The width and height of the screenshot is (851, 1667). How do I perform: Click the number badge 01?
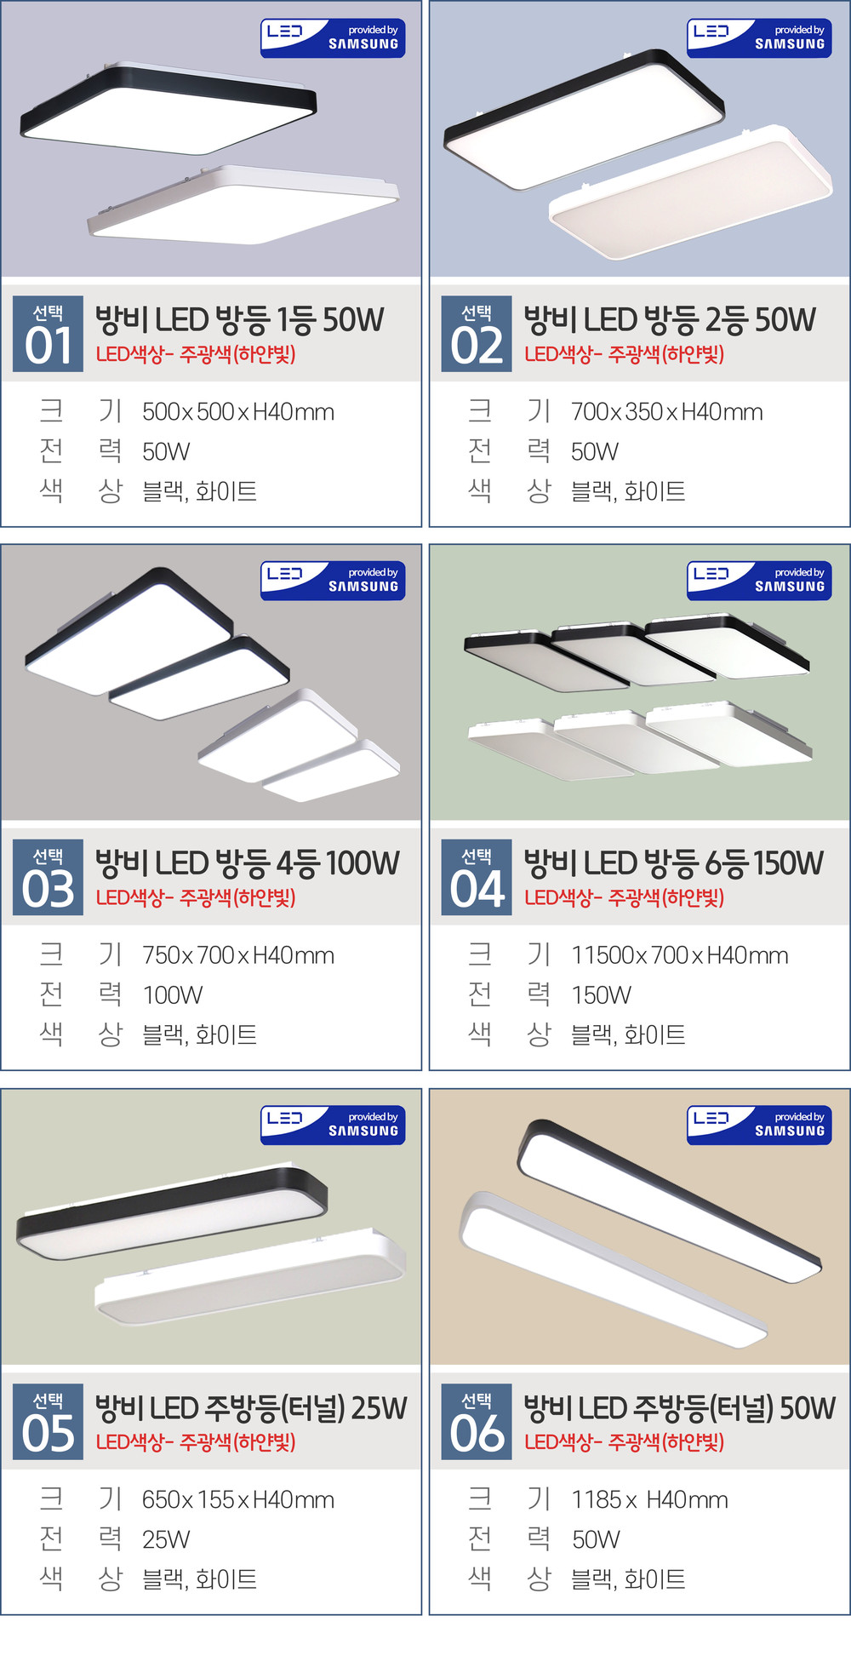point(49,334)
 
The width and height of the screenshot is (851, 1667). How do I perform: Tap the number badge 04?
point(477,878)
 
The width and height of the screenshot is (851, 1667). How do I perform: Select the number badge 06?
point(477,1422)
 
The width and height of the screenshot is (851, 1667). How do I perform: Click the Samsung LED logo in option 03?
point(333,581)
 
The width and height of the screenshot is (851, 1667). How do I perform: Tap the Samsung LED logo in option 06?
point(759,1125)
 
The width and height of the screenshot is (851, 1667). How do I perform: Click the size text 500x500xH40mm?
point(238,412)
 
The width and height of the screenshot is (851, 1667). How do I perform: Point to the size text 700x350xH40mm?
point(666,412)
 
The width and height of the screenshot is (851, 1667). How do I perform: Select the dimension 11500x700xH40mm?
point(679,955)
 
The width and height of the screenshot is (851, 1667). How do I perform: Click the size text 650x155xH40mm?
point(238,1499)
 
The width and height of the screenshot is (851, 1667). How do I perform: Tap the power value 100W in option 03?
point(173,995)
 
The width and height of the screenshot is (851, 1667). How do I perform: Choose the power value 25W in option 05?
point(166,1539)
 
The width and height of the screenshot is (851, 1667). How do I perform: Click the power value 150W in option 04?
point(602,995)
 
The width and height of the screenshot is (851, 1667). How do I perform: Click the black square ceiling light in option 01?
point(168,107)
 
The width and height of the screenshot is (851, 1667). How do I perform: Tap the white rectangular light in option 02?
point(691,192)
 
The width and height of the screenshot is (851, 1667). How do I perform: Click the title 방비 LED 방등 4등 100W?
point(247,863)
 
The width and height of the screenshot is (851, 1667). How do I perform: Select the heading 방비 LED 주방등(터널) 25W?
point(251,1408)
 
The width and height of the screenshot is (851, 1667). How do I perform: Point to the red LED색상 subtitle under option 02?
point(624,354)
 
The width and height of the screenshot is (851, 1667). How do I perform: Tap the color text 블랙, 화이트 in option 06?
point(628,1579)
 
